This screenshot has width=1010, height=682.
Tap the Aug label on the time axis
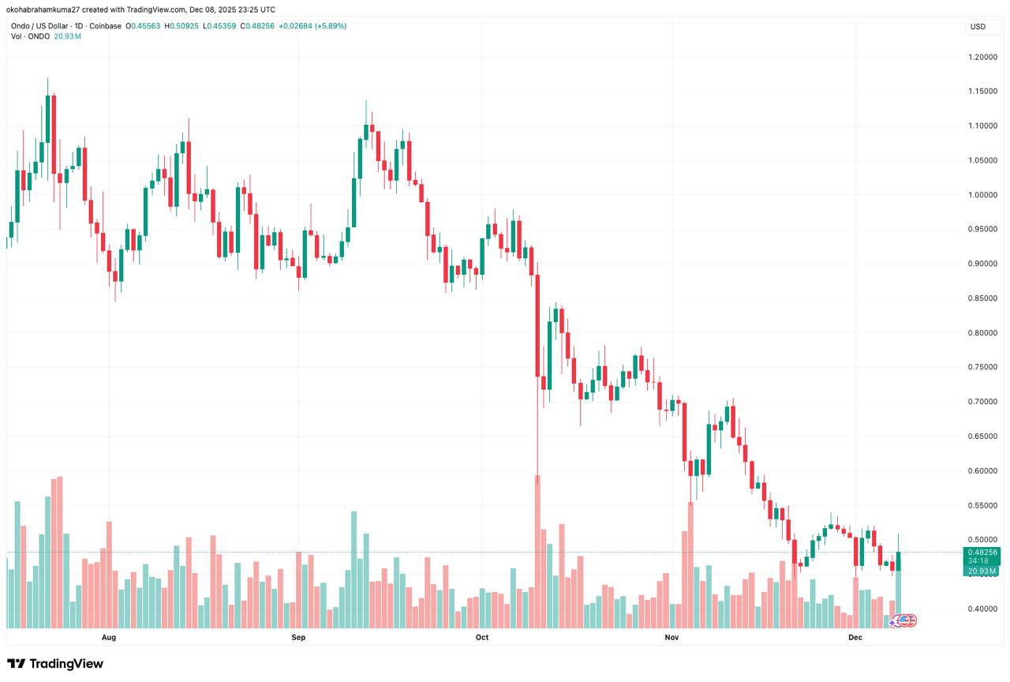109,636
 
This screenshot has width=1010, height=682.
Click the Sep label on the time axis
298,636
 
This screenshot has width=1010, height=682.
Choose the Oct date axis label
482,636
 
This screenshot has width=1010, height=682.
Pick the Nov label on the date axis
671,636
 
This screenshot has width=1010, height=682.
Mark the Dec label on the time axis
855,636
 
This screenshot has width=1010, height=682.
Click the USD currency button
978,27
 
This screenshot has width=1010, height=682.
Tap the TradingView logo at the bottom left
55,664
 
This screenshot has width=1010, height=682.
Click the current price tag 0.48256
983,553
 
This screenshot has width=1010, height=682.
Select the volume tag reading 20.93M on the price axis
983,571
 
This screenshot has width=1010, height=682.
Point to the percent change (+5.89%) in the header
331,26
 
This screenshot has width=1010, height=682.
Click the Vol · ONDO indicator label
31,36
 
